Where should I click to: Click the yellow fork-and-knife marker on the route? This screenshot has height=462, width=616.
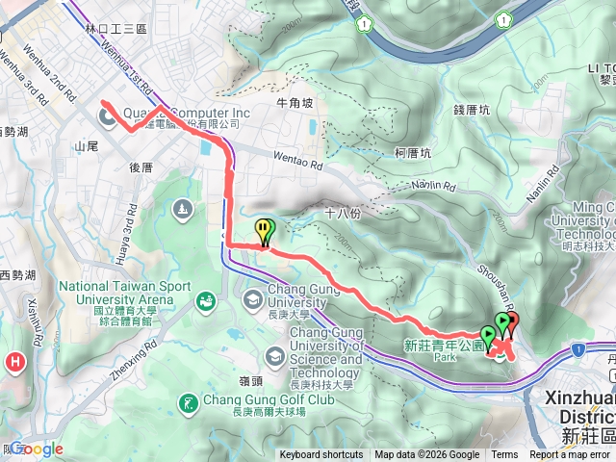click(264, 229)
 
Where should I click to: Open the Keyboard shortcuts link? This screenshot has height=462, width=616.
click(321, 455)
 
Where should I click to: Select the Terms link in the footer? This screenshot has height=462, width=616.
click(504, 455)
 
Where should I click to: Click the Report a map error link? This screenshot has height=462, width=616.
click(570, 455)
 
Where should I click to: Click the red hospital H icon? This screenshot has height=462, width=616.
click(15, 363)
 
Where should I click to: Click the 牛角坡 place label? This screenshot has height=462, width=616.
click(295, 102)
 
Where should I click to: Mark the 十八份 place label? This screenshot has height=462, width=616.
click(342, 214)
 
